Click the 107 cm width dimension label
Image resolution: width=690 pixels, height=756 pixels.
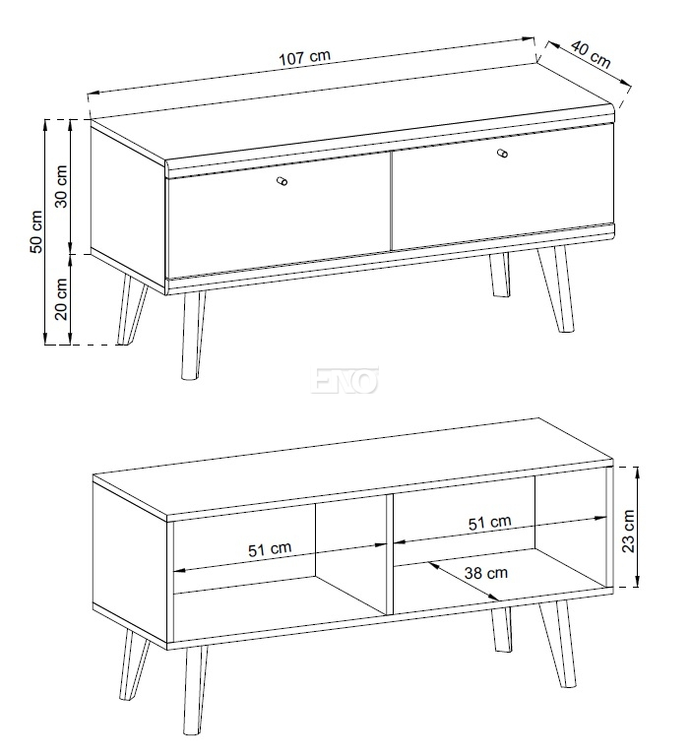[305, 56]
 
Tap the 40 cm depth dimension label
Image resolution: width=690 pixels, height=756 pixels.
[592, 54]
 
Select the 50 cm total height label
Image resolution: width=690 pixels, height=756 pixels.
[36, 231]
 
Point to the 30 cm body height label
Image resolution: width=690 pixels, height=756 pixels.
[62, 186]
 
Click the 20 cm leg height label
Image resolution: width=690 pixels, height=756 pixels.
[62, 299]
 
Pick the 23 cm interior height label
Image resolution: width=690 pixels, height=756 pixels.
[628, 531]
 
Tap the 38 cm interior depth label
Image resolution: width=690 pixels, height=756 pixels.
[486, 573]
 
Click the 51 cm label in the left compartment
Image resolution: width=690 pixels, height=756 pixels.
[270, 549]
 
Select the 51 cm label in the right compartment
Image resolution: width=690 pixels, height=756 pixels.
[489, 522]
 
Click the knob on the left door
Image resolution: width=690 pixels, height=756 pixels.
[282, 181]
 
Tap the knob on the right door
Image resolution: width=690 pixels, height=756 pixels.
[502, 154]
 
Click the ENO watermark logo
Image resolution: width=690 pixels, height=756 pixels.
[345, 380]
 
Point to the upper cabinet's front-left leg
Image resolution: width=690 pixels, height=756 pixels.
[193, 335]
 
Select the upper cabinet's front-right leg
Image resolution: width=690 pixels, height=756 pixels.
[557, 288]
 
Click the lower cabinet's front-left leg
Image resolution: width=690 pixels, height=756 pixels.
[194, 689]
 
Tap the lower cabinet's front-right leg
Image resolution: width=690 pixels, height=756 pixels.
[558, 643]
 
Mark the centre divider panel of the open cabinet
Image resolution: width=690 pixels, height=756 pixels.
[390, 553]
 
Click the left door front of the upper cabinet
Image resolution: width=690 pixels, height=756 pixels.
[279, 216]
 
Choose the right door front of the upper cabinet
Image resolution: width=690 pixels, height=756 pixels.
[502, 187]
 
